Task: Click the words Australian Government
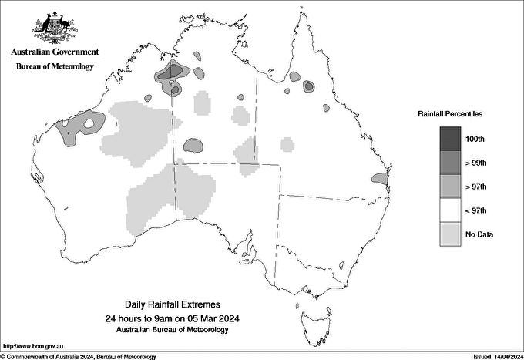[x=55, y=52]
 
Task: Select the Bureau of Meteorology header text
[x=55, y=66]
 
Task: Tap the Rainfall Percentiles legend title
[x=450, y=113]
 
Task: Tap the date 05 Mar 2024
[x=216, y=318]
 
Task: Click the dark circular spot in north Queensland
[x=309, y=86]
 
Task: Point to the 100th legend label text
[x=475, y=139]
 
